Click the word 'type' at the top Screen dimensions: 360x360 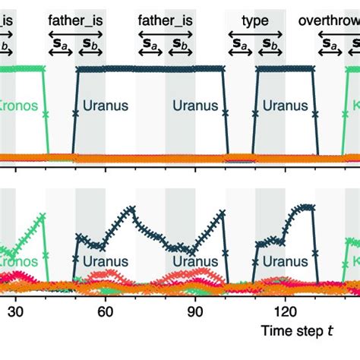255,21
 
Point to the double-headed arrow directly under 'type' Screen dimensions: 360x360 255,34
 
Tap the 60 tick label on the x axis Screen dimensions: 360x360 106,311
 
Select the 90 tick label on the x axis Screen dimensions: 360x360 195,311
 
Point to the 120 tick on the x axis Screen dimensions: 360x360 286,311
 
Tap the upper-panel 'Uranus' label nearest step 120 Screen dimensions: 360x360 286,104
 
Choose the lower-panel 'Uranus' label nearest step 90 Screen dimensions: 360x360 196,262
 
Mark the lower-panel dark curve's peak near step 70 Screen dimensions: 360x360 135,207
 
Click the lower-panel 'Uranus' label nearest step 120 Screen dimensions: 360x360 286,262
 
